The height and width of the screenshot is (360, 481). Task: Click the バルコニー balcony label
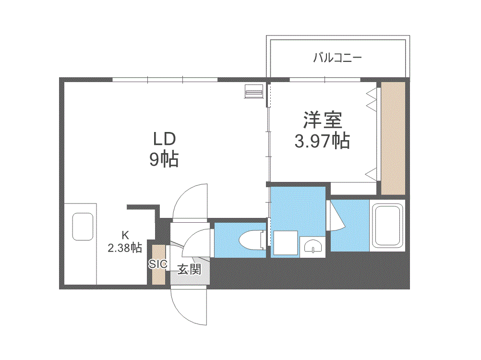pos(337,58)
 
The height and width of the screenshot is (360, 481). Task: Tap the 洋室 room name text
pos(323,120)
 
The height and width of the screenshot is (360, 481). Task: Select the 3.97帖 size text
pos(322,141)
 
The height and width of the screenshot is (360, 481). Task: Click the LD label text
pos(165,139)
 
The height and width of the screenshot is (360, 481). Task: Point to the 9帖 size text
pos(164,159)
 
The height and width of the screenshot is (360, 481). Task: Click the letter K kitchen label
pos(125,235)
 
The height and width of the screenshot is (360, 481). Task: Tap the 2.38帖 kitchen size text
pos(125,248)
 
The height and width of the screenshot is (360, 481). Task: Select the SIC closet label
pos(158,264)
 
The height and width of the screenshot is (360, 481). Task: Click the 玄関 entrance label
pos(190,270)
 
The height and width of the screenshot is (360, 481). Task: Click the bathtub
pos(387,226)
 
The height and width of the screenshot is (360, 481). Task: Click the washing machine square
pos(286,243)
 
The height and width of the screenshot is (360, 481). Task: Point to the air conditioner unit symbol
pos(254,91)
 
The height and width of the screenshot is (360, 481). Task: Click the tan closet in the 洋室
pos(393,138)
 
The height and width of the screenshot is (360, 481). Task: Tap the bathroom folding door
pos(337,216)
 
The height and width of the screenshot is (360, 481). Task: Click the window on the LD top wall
pos(165,80)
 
